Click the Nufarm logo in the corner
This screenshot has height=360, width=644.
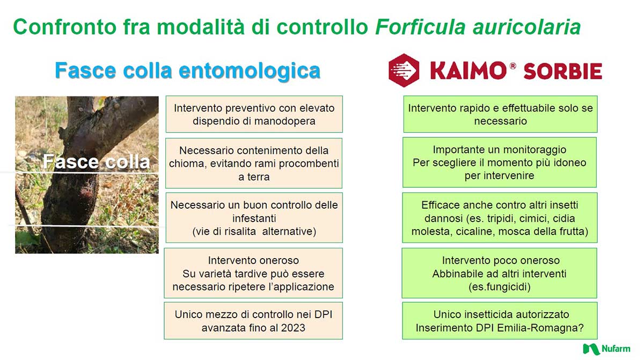(606, 349)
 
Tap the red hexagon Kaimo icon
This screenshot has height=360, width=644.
(404, 70)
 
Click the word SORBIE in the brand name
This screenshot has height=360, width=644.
(562, 71)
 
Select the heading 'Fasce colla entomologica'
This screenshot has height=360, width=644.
(187, 71)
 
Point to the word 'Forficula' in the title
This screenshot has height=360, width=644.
(420, 27)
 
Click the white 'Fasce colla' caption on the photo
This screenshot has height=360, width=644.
(96, 161)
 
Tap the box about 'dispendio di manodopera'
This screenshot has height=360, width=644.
(254, 114)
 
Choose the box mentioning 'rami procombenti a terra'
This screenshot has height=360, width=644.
(254, 163)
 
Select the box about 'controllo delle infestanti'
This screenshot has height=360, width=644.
(254, 218)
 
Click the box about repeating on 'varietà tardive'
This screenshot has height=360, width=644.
(253, 273)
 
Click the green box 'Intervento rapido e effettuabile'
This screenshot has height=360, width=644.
(500, 114)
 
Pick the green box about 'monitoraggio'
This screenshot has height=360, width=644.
(500, 163)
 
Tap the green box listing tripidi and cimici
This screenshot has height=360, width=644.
(500, 218)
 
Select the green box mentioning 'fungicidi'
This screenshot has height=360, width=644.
(500, 273)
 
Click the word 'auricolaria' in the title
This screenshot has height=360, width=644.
(526, 27)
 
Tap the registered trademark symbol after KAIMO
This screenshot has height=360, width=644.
(513, 66)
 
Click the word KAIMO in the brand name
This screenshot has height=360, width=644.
(469, 70)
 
